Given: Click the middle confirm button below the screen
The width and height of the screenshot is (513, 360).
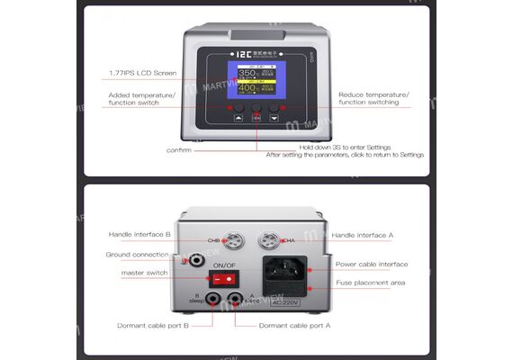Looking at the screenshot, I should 256,116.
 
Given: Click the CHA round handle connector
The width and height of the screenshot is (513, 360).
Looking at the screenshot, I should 269,240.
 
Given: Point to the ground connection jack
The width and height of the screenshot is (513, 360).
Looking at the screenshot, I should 194,261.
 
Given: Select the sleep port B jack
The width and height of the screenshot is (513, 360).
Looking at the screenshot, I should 214,301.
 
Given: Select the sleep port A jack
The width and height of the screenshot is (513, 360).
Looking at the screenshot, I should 235,301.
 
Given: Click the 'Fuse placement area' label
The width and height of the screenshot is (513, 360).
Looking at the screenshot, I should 370,283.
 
